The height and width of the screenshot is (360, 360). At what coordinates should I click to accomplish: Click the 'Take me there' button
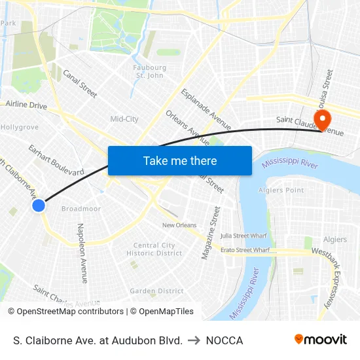(180, 160)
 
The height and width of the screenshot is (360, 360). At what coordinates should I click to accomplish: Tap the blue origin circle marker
(39, 206)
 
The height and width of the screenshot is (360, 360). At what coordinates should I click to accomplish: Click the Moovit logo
(320, 340)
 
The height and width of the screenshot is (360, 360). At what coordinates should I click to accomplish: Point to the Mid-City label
(124, 119)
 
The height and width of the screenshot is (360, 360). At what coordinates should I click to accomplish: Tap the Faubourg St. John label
(149, 71)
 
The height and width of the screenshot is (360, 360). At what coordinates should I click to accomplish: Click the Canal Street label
(80, 84)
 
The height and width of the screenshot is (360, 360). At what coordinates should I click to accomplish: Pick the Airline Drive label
(27, 105)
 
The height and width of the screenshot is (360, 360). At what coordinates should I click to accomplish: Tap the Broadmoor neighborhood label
(81, 209)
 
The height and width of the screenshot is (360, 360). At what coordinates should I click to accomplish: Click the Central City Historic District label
(154, 249)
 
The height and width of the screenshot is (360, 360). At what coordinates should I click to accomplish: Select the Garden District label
(156, 291)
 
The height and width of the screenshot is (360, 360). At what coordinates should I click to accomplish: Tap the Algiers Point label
(281, 190)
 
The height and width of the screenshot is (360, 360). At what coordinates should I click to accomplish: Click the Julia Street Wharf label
(243, 236)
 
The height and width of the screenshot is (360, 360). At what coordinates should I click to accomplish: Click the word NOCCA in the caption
(225, 340)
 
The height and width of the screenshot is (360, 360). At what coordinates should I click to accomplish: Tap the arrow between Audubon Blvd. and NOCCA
(194, 340)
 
